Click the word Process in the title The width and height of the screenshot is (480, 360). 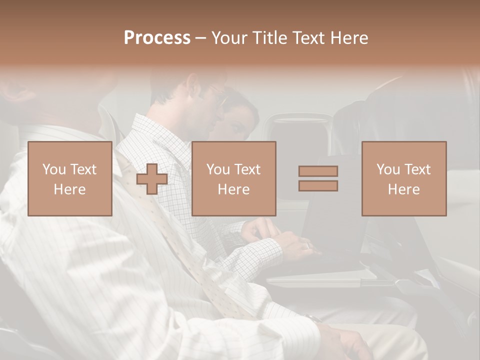(x=157, y=38)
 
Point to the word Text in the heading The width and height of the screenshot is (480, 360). (x=311, y=38)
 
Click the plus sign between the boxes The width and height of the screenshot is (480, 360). (x=152, y=179)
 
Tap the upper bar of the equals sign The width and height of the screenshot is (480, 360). (x=318, y=171)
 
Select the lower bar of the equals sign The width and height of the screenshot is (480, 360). (x=318, y=185)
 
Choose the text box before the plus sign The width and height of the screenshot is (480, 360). (x=69, y=178)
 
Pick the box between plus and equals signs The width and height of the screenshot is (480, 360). (x=233, y=178)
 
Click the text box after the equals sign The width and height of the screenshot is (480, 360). (x=403, y=178)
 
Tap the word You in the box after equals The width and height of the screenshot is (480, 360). (x=388, y=169)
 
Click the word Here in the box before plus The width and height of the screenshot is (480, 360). (x=69, y=189)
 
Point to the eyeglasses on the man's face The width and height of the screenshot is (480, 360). (x=218, y=95)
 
